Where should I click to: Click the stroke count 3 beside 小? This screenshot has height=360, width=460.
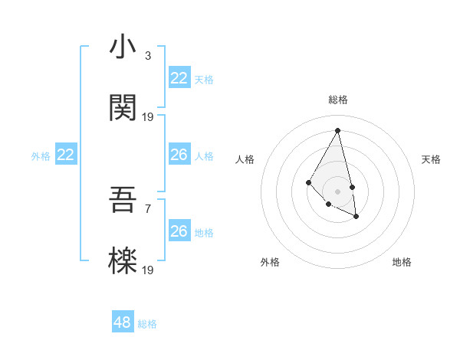click(147, 56)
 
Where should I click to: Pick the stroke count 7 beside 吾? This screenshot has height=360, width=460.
click(147, 208)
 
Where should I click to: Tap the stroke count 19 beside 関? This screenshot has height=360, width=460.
click(148, 117)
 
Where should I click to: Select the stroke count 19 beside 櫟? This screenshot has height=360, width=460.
click(148, 270)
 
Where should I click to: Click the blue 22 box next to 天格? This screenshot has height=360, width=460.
click(179, 78)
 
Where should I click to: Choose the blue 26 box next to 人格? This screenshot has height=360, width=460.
click(179, 155)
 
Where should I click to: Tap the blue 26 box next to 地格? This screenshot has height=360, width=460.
click(179, 231)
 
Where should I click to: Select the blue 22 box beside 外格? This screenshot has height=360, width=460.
click(66, 155)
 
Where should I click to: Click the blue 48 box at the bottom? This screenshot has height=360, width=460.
click(123, 322)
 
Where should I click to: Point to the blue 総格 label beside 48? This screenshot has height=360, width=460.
click(147, 324)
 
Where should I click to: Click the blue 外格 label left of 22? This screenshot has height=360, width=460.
click(41, 156)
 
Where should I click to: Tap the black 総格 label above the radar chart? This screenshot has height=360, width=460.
click(338, 100)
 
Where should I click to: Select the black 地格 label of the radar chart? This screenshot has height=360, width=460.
click(402, 262)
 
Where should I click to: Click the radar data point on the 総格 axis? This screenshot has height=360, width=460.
click(337, 130)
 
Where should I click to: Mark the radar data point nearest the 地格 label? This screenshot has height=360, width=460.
click(356, 217)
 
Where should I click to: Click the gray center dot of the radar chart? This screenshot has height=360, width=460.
click(337, 191)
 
